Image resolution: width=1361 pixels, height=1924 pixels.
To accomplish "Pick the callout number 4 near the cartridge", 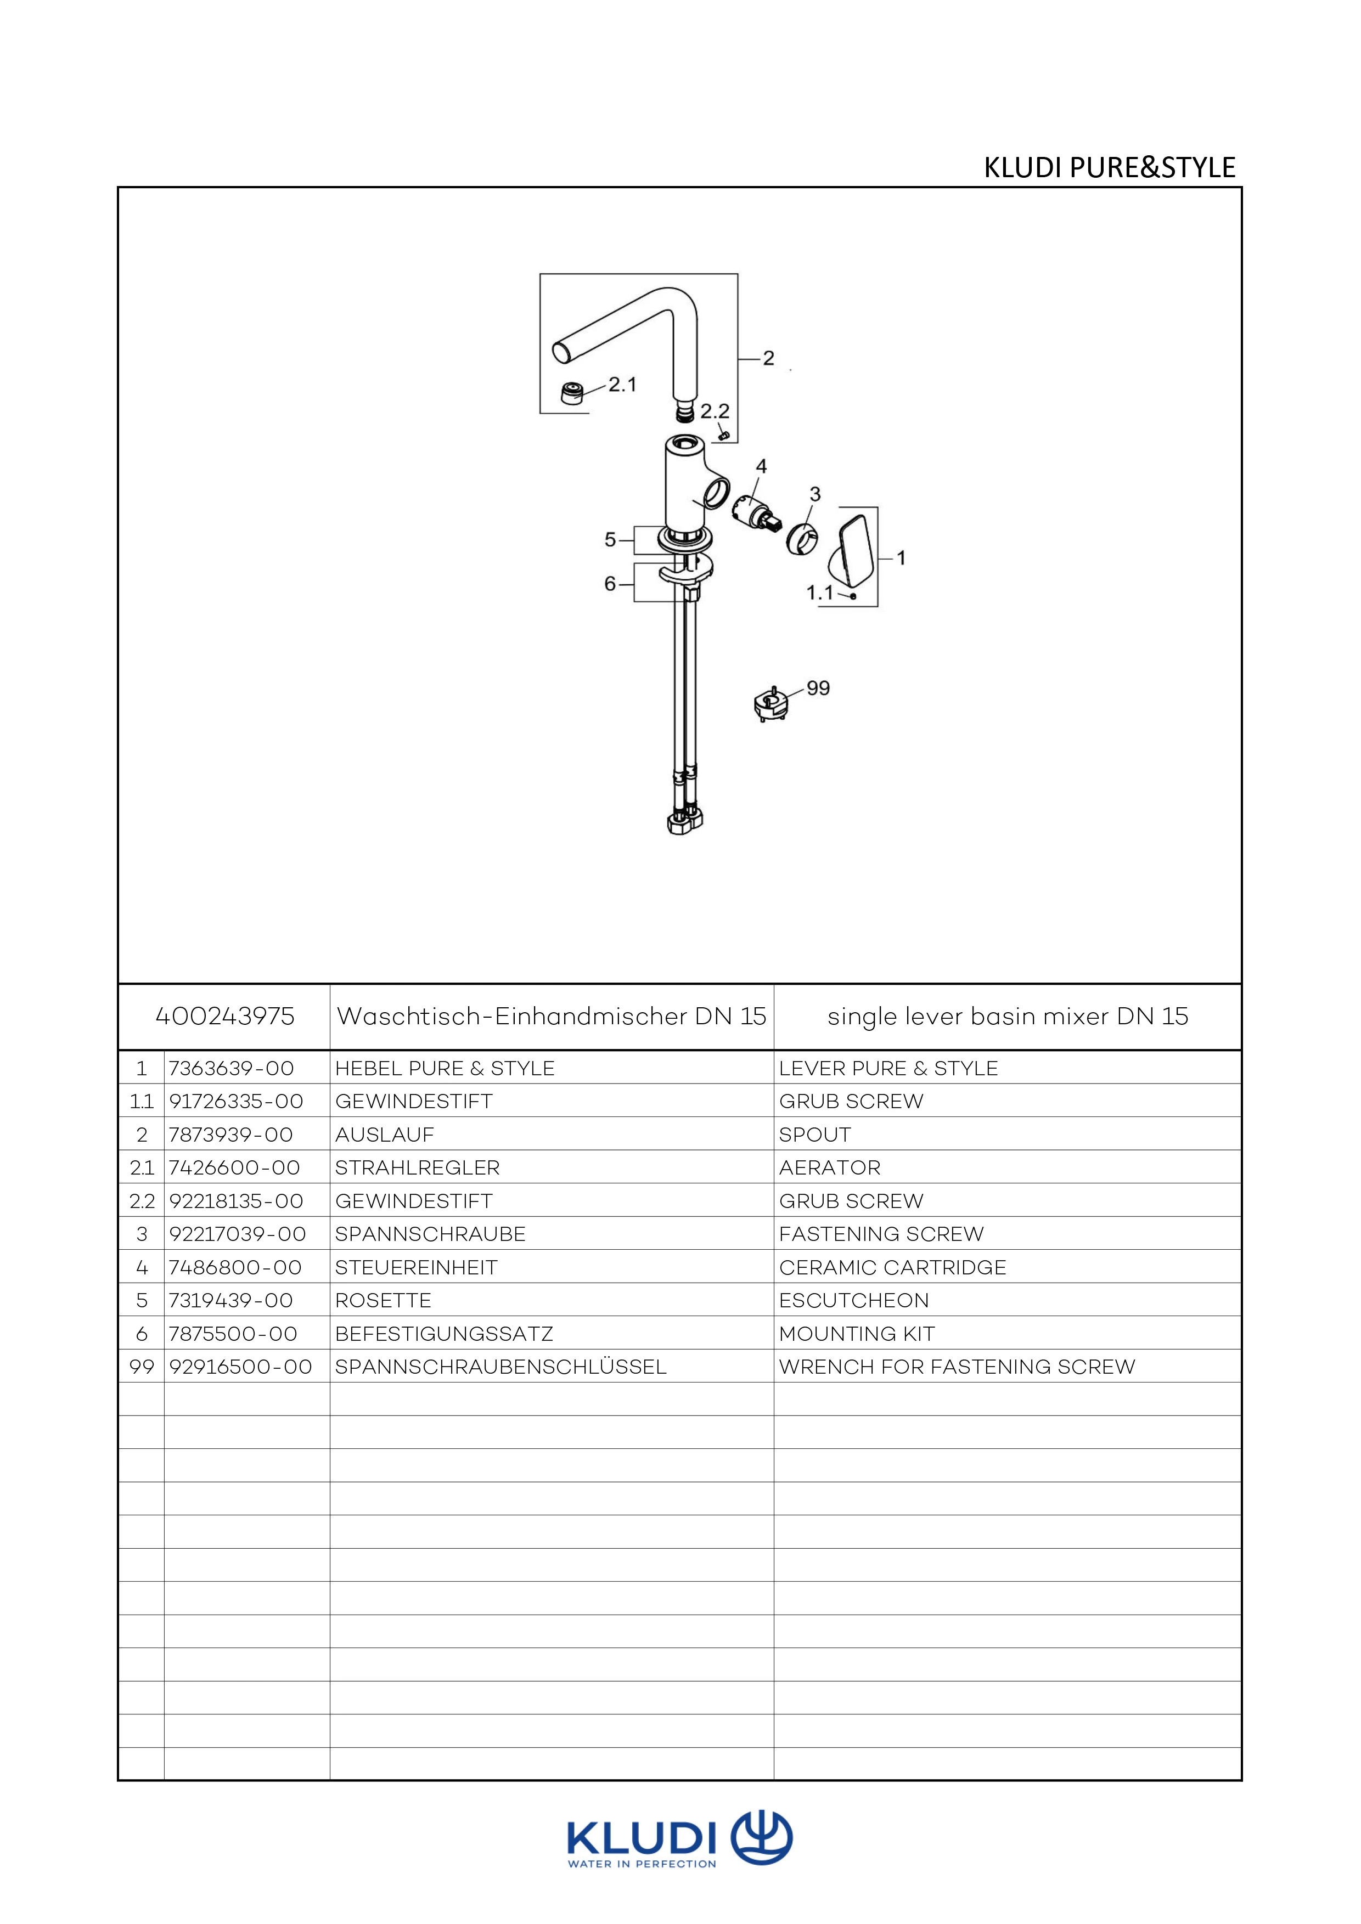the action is pyautogui.click(x=761, y=466).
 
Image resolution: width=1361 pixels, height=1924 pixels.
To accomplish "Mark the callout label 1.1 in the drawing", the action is pyautogui.click(x=819, y=593).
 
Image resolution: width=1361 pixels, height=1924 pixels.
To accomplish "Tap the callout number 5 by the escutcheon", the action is pyautogui.click(x=610, y=540).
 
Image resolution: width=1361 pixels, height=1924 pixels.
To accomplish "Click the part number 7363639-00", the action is pyautogui.click(x=231, y=1068).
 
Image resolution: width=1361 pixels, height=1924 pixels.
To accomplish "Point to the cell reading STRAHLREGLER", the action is pyautogui.click(x=417, y=1167).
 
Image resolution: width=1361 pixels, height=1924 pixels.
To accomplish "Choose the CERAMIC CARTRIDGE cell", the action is pyautogui.click(x=892, y=1267).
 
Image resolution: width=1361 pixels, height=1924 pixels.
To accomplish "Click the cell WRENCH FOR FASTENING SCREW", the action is pyautogui.click(x=957, y=1367).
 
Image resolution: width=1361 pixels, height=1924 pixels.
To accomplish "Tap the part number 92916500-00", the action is pyautogui.click(x=240, y=1367).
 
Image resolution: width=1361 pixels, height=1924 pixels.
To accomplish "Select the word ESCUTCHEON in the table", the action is pyautogui.click(x=854, y=1301).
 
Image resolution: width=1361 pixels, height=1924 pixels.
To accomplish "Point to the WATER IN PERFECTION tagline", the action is pyautogui.click(x=642, y=1865).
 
